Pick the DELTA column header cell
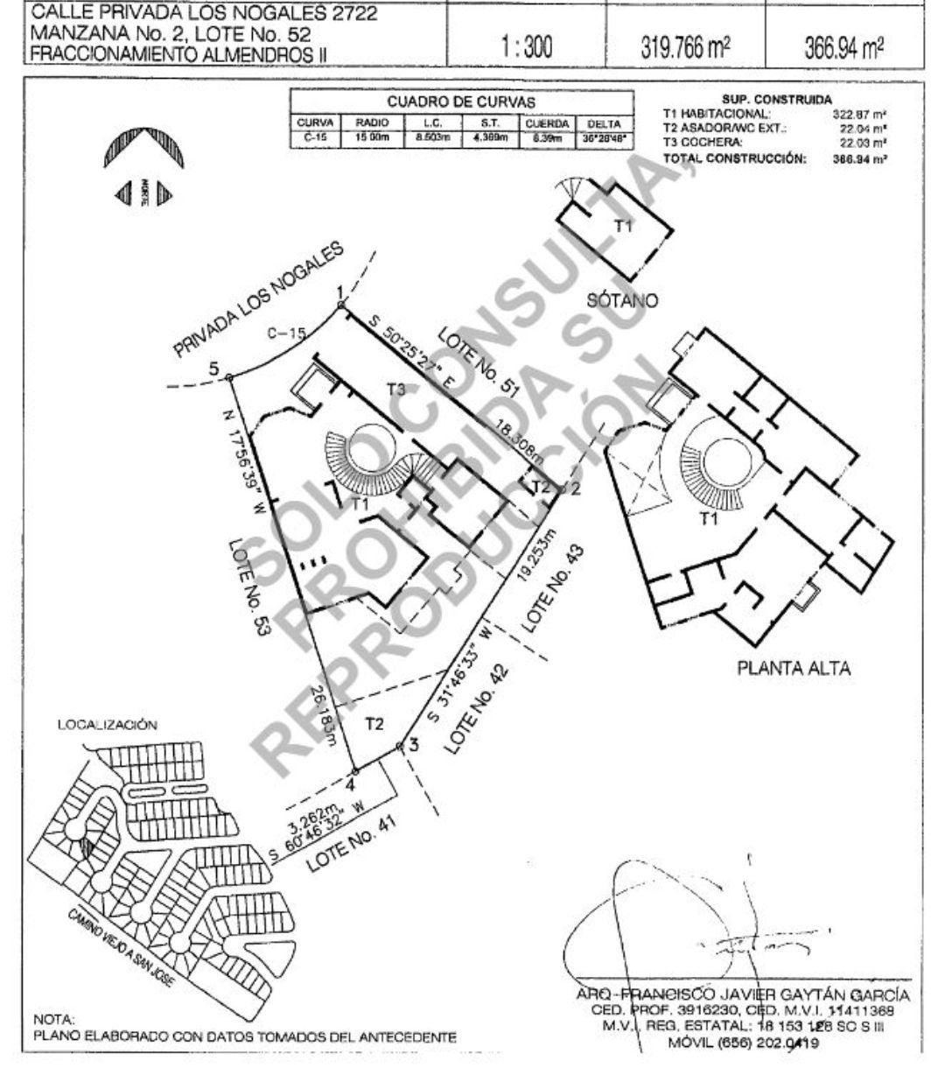pyautogui.click(x=604, y=124)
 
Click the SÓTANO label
pyautogui.click(x=625, y=300)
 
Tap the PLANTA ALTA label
pyautogui.click(x=794, y=670)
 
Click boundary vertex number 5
pyautogui.click(x=229, y=377)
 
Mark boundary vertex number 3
pyautogui.click(x=400, y=746)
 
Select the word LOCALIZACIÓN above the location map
pyautogui.click(x=108, y=725)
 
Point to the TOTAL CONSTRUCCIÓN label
pyautogui.click(x=734, y=159)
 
